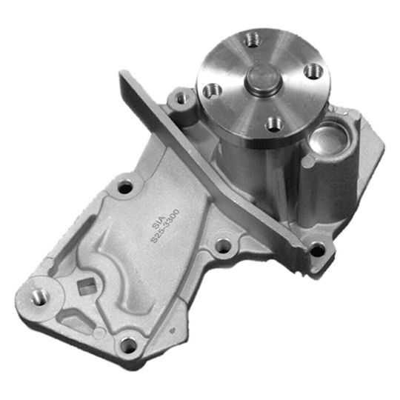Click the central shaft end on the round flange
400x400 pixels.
(261, 79)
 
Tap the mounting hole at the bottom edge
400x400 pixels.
(130, 344)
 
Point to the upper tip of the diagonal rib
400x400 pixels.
(126, 74)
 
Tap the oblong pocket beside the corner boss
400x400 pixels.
(74, 315)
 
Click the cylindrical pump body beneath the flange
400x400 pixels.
(244, 159)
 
